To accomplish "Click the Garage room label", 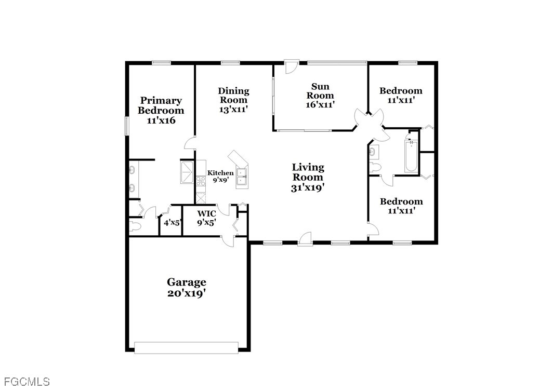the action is point(186,282).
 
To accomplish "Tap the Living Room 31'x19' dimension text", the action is point(308,188).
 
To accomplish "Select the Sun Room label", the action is point(320,91).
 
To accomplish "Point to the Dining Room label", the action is point(233,96).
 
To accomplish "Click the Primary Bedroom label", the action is point(161,105).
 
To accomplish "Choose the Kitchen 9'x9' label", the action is point(220,176).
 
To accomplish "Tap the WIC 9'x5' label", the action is point(207,218).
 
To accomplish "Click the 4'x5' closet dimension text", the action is point(172,223).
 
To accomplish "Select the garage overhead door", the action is point(186,347).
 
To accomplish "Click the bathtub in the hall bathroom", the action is point(411,156).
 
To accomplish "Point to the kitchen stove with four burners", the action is point(201,181).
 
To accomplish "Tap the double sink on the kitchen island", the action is point(242,178).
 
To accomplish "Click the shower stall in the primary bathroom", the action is point(188,172).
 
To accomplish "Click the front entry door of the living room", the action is point(305,239).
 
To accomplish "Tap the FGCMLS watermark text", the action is point(27,382).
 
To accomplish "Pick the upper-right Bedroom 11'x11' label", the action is point(401,96).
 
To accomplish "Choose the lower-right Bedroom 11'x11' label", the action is point(401,206).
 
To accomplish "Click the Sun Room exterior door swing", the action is point(291,67).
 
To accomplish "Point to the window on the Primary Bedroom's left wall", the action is point(127,126).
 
